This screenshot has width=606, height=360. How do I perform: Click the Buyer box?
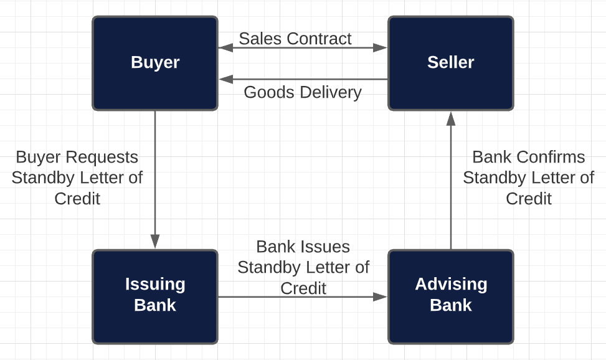(x=155, y=63)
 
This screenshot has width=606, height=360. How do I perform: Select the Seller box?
(x=450, y=63)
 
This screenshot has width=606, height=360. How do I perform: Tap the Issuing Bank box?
(x=155, y=296)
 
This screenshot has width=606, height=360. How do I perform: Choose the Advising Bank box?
(x=450, y=296)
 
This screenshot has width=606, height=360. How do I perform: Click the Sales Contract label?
(x=295, y=39)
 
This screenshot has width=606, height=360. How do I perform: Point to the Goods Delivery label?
(x=303, y=92)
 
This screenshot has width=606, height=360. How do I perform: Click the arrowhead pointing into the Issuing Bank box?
(x=155, y=242)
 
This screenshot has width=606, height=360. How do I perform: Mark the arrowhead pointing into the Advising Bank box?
(x=380, y=297)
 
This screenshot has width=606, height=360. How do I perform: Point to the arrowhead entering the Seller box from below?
(x=451, y=118)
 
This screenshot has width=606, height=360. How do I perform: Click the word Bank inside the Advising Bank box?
(x=450, y=306)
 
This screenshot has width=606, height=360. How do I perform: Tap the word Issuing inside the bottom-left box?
(x=155, y=285)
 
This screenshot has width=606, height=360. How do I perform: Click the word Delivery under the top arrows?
(x=331, y=92)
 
